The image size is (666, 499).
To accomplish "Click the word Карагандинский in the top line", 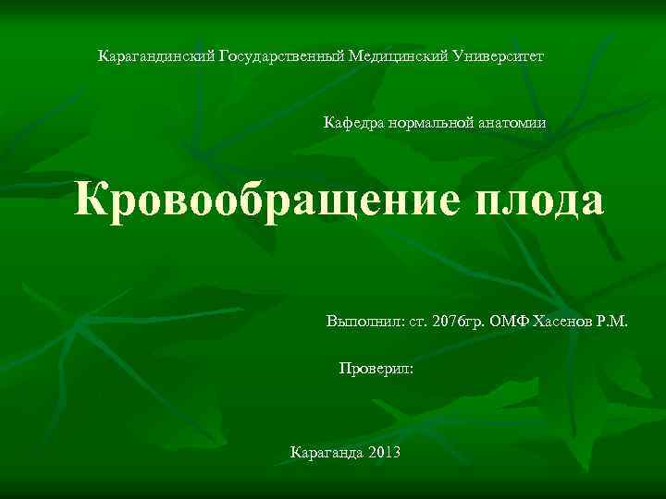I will (156, 56).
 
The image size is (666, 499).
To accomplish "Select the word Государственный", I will (281, 56).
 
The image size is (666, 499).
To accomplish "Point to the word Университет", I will (500, 56).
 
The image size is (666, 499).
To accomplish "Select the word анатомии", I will (513, 122).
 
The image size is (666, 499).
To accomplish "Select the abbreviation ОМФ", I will (511, 323).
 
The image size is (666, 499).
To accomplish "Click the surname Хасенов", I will (568, 323).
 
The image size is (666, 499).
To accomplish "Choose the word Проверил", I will (374, 368).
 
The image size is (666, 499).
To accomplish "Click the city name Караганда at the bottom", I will (327, 453).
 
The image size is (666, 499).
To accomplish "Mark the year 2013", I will (384, 453).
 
